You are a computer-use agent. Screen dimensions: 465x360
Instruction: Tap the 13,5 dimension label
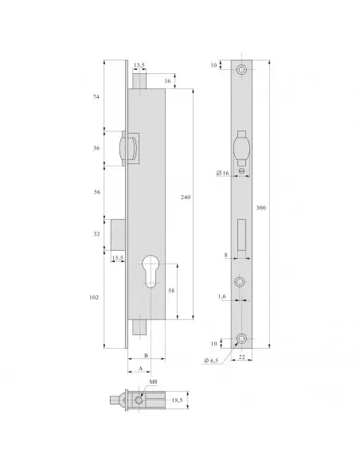click(139, 67)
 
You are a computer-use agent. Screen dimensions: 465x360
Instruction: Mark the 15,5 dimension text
click(117, 258)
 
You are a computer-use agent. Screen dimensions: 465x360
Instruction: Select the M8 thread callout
click(143, 381)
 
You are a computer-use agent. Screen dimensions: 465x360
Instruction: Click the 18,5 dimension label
click(178, 401)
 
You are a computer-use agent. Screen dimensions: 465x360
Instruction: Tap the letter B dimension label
click(147, 356)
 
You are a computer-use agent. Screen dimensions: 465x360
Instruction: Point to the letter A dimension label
click(140, 369)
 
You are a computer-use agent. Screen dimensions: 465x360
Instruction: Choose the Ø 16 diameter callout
click(223, 173)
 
